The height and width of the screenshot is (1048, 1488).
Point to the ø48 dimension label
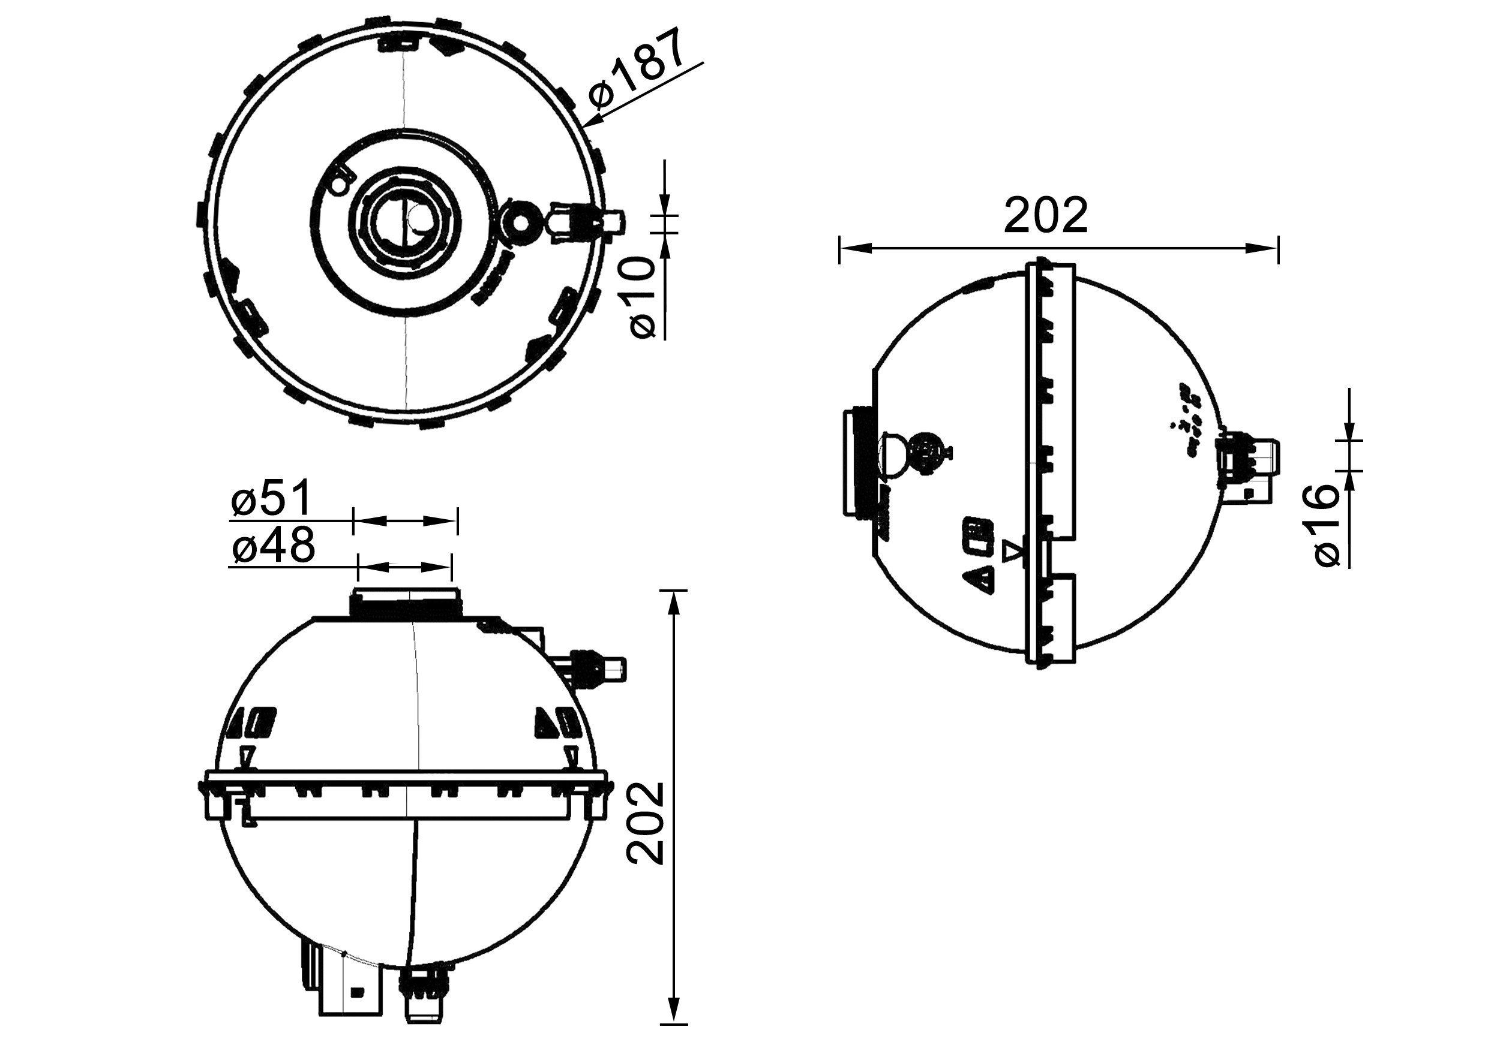pos(273,546)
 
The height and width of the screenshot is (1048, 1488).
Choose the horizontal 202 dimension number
pos(1046,216)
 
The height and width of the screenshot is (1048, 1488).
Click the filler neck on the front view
pos(406,603)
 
